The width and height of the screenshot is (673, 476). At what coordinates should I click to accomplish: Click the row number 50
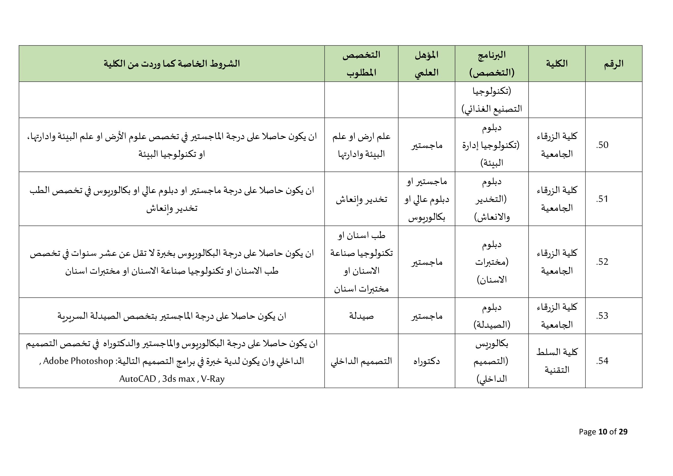602,145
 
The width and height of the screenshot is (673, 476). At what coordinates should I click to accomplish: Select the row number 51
602,199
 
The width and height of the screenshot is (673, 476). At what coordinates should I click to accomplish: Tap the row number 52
602,262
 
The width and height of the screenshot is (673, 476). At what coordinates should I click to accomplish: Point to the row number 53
602,316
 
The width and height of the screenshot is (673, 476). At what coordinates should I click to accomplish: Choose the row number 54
602,361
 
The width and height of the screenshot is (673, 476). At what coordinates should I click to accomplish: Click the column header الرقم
613,64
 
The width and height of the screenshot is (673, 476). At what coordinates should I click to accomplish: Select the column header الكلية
557,64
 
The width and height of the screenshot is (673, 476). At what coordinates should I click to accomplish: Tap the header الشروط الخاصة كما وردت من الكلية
172,64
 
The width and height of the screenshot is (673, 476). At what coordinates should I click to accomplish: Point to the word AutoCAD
138,379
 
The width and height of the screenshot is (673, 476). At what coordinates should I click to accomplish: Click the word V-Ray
213,379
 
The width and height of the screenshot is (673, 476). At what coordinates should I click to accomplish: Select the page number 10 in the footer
603,431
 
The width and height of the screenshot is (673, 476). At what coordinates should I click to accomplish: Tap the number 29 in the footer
623,431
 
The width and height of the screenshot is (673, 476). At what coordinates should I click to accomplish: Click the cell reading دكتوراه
426,361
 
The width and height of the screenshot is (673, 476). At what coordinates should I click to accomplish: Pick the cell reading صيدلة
361,316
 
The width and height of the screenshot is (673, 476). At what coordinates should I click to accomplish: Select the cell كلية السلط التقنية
557,361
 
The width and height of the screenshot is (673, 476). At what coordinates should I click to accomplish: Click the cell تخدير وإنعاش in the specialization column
361,199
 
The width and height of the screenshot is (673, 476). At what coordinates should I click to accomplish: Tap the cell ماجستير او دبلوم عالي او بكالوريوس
426,199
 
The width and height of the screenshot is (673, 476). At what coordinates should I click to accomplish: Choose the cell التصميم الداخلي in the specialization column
361,361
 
